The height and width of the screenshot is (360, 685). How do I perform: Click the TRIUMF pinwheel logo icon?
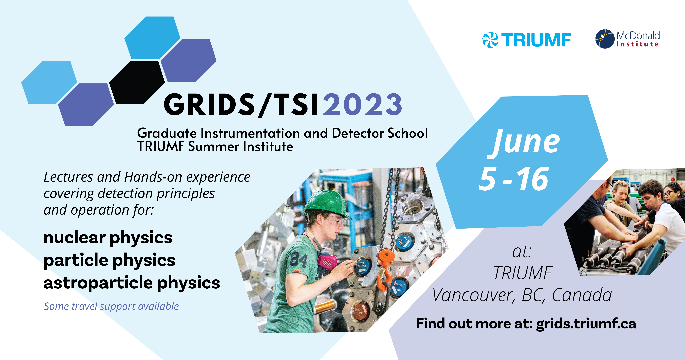tap(490, 40)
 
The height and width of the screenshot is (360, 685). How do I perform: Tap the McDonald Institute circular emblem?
tap(605, 39)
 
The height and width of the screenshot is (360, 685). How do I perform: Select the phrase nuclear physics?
tap(108, 238)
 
